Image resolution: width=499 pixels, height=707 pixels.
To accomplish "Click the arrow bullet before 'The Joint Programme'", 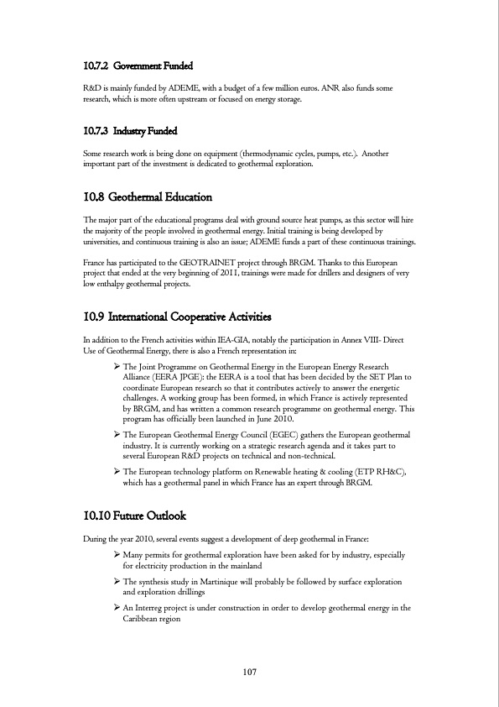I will [x=117, y=367].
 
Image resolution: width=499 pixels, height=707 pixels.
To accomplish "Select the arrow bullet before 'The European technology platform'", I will [x=117, y=473].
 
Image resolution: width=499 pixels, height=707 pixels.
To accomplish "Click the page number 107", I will [x=249, y=672].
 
